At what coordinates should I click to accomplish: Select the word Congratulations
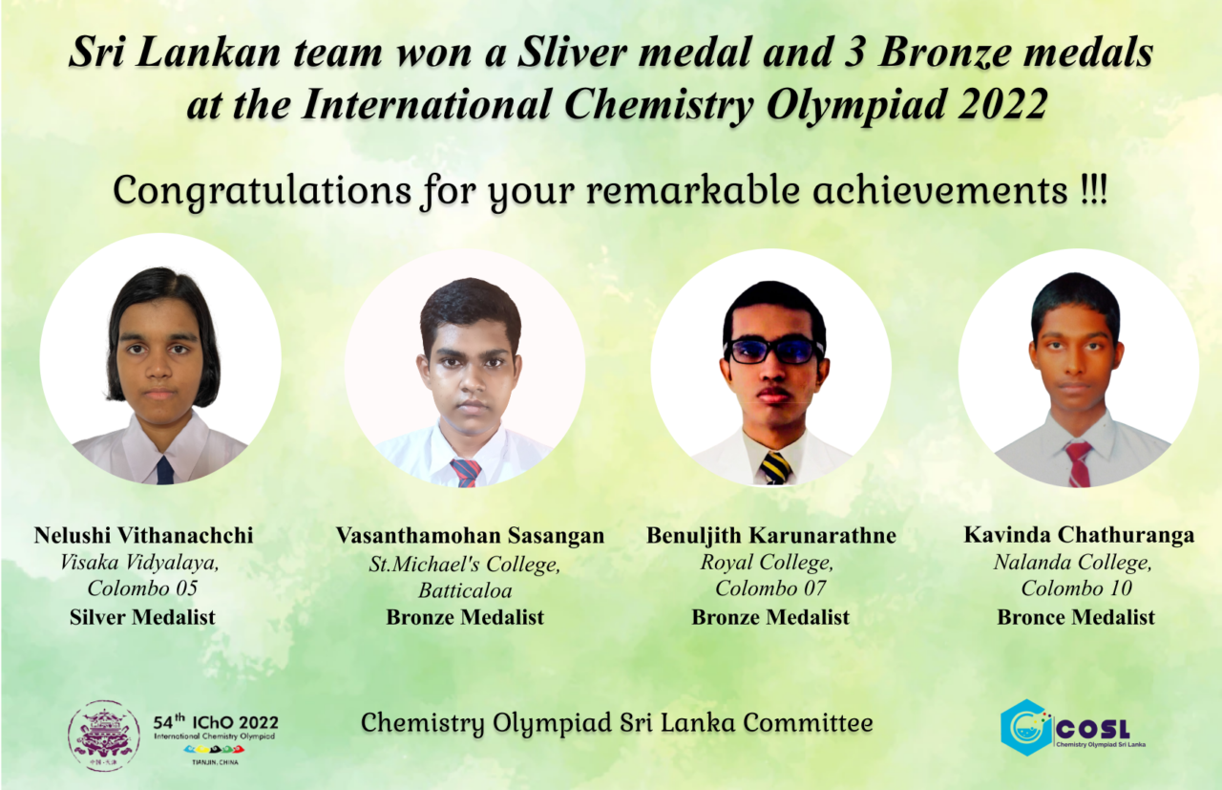pyautogui.click(x=263, y=192)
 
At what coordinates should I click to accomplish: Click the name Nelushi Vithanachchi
pyautogui.click(x=143, y=536)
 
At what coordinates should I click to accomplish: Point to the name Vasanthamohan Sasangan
pyautogui.click(x=471, y=536)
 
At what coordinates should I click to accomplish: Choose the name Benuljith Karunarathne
pyautogui.click(x=771, y=536)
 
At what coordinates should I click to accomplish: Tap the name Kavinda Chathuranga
pyautogui.click(x=1079, y=535)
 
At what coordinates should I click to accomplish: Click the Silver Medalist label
pyautogui.click(x=142, y=617)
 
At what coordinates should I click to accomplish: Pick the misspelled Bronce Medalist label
pyautogui.click(x=1076, y=617)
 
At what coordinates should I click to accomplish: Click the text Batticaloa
pyautogui.click(x=465, y=590)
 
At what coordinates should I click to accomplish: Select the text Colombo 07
pyautogui.click(x=770, y=588)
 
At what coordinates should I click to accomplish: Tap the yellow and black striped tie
pyautogui.click(x=776, y=468)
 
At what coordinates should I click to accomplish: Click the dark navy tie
pyautogui.click(x=165, y=470)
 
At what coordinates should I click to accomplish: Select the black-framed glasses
pyautogui.click(x=774, y=351)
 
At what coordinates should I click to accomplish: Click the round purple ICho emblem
pyautogui.click(x=104, y=736)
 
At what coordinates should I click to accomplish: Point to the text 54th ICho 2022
pyautogui.click(x=216, y=722)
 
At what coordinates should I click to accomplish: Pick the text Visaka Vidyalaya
pyautogui.click(x=139, y=563)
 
